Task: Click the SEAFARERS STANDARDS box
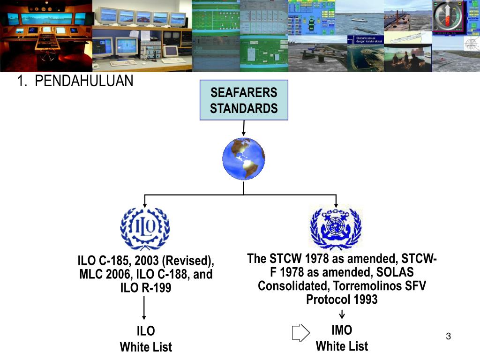(243, 101)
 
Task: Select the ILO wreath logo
(145, 228)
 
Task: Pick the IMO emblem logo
(336, 228)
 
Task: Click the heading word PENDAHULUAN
(84, 82)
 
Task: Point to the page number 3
(448, 336)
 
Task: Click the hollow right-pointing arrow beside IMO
(300, 332)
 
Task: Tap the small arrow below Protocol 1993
(342, 314)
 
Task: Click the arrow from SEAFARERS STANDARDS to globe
(243, 128)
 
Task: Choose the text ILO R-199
(146, 288)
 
